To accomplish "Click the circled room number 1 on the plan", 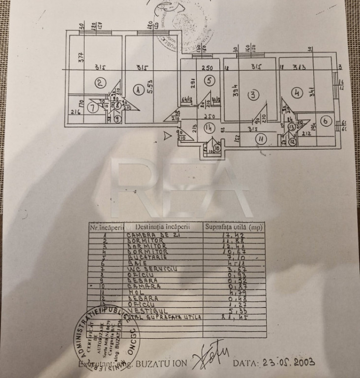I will tap(137, 90).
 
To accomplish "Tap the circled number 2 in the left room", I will tap(100, 83).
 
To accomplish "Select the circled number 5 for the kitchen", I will tap(209, 80).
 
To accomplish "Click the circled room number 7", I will tap(90, 108).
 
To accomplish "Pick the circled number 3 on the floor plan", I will tap(252, 94).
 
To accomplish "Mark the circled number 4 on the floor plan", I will tap(296, 92).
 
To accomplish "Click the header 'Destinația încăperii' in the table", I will tap(163, 227).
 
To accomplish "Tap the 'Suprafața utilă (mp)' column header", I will tap(234, 227).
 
